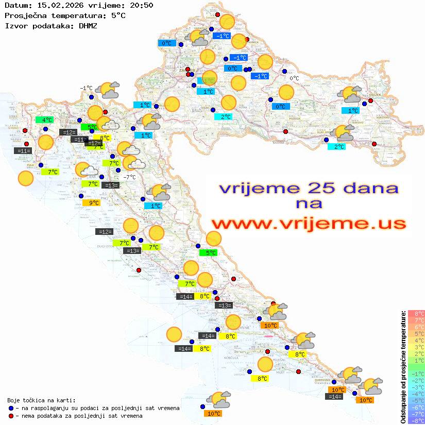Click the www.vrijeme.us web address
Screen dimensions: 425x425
(309, 223)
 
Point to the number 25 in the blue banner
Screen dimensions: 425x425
(318, 188)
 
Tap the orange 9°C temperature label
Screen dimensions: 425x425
(93, 203)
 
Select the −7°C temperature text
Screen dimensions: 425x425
(129, 177)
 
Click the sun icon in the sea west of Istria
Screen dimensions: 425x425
(25, 179)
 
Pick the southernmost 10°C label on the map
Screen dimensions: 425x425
(213, 413)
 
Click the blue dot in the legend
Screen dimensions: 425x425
(11, 408)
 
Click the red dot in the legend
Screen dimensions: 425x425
(11, 416)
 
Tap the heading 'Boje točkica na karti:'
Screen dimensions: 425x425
(41, 400)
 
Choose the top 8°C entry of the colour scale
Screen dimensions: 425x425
(416, 314)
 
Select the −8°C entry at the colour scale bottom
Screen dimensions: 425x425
(416, 421)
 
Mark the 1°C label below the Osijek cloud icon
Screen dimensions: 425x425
(353, 111)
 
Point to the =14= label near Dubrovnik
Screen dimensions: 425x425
(335, 397)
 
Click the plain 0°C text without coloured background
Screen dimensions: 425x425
(294, 78)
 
